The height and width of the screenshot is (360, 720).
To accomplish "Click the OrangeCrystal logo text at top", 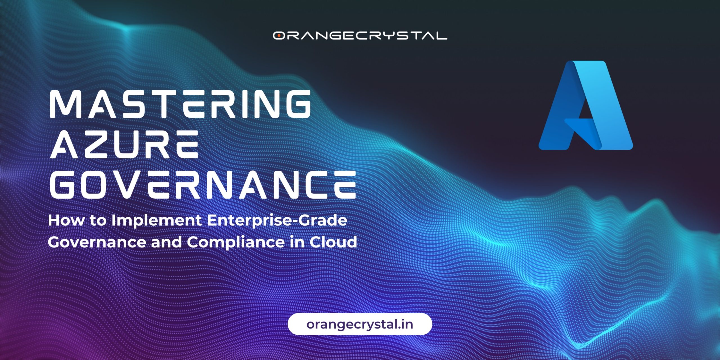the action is tap(360, 35).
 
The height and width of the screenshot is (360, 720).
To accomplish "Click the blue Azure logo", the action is tap(586, 105).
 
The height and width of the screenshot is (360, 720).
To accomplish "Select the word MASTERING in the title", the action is tap(180, 104).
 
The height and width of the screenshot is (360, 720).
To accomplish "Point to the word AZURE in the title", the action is tap(124, 144).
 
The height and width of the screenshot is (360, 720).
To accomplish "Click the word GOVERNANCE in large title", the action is tap(203, 184).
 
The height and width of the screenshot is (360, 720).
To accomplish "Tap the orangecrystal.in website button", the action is tap(360, 324).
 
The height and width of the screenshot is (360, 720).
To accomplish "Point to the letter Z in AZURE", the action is tap(98, 144).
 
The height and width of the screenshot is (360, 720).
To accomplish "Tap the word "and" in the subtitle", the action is tap(166, 242).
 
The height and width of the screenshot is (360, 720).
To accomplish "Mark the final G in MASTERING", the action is tap(297, 104).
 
